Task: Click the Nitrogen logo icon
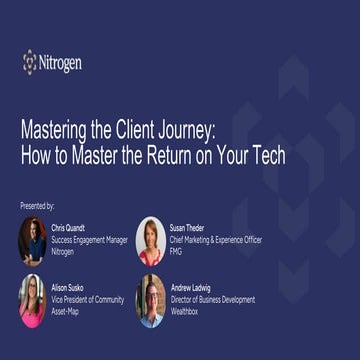point(30,62)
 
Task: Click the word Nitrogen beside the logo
point(61,63)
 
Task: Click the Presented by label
point(37,205)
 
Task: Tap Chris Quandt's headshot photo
point(32,240)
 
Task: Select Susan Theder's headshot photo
point(150,240)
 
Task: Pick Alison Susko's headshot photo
point(32,300)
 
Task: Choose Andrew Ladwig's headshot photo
point(150,300)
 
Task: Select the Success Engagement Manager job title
point(90,240)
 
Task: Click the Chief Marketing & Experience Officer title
point(221,240)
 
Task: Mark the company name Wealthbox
point(186,311)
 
